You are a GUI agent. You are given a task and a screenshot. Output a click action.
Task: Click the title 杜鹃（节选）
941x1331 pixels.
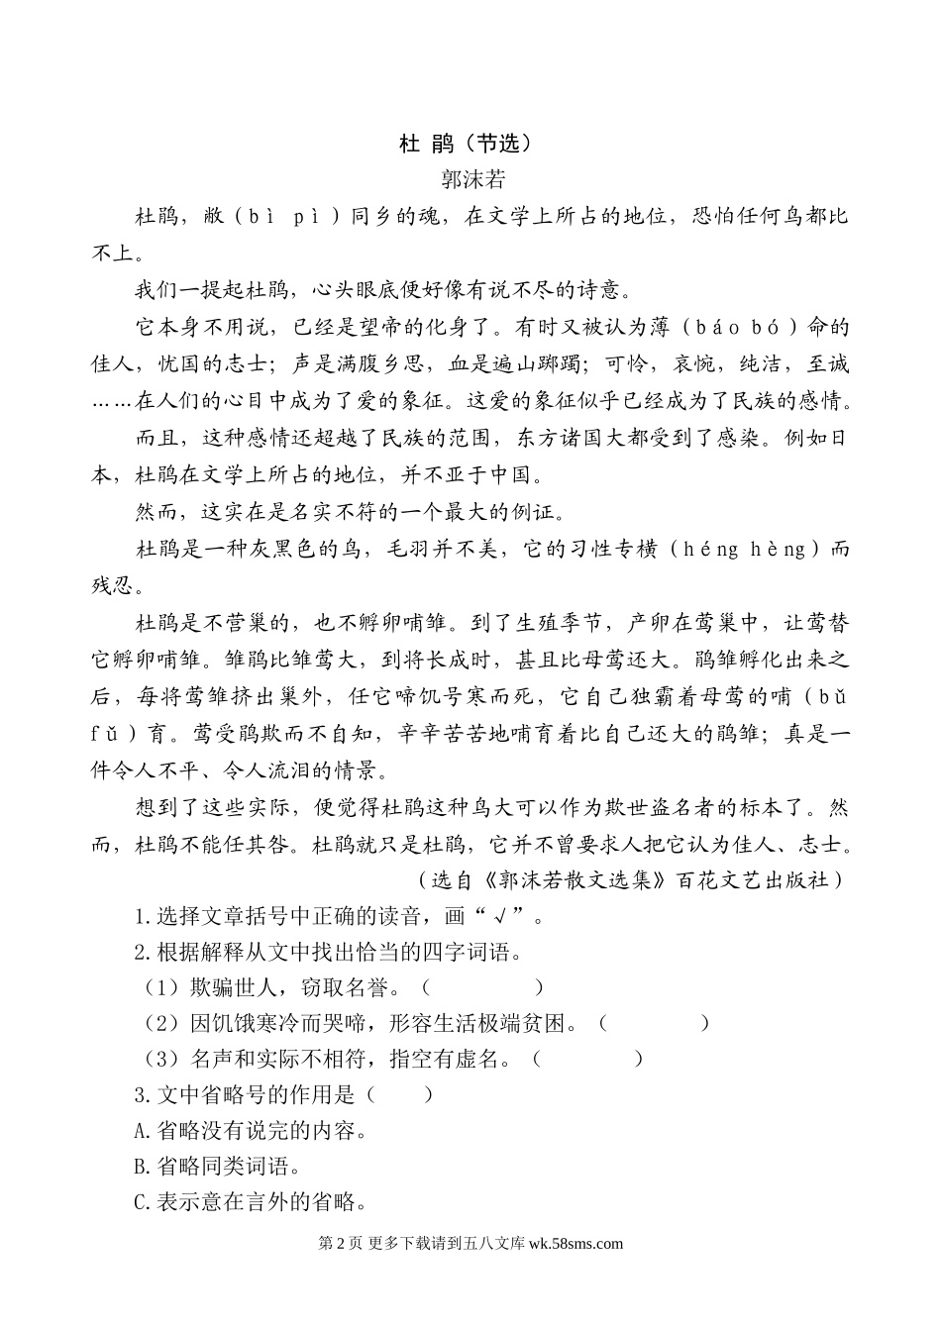pyautogui.click(x=466, y=144)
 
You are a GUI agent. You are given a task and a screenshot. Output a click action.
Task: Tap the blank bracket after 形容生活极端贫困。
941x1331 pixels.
pyautogui.click(x=655, y=1023)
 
